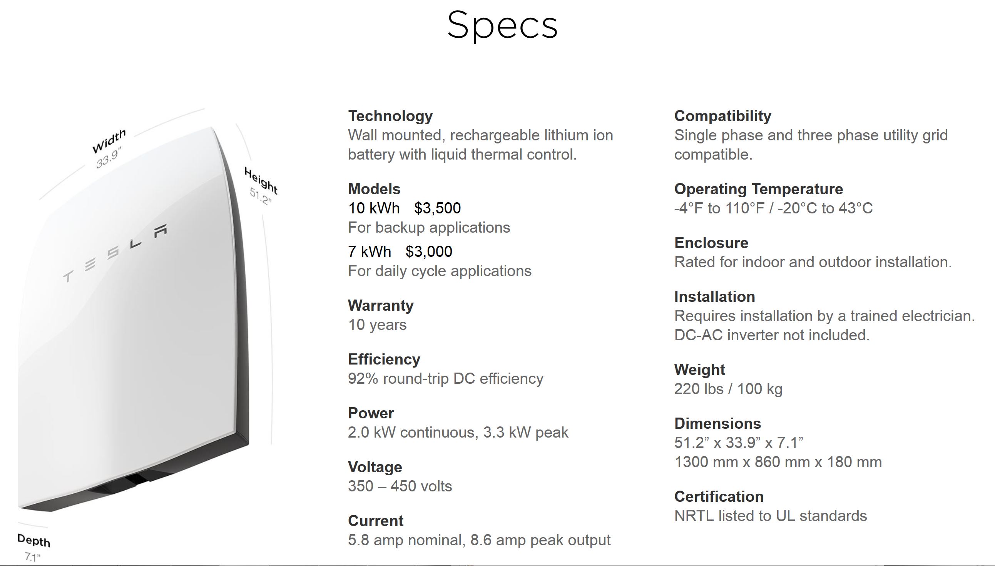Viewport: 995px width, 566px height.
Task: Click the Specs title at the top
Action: pos(502,26)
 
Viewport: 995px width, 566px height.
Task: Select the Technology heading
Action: pos(390,116)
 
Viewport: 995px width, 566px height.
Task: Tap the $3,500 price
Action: pos(437,208)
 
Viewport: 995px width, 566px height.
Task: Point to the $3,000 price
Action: pos(428,252)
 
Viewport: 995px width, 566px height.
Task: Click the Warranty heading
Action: pos(380,306)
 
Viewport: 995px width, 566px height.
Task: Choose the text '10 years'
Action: pos(377,325)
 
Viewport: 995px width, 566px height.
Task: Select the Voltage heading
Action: pos(375,467)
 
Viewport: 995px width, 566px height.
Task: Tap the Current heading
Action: pos(375,521)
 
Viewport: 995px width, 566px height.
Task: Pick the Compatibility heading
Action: pos(722,116)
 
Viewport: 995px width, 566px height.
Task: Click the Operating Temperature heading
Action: pos(758,189)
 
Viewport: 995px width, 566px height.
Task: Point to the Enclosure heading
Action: pos(711,243)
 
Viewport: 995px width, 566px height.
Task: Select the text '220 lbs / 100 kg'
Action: pos(728,389)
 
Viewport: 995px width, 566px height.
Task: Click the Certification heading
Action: pos(719,497)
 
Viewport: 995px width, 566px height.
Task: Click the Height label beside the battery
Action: pos(261,180)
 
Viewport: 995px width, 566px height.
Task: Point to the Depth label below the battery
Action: pos(34,540)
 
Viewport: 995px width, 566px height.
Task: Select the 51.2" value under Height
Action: pos(260,197)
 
